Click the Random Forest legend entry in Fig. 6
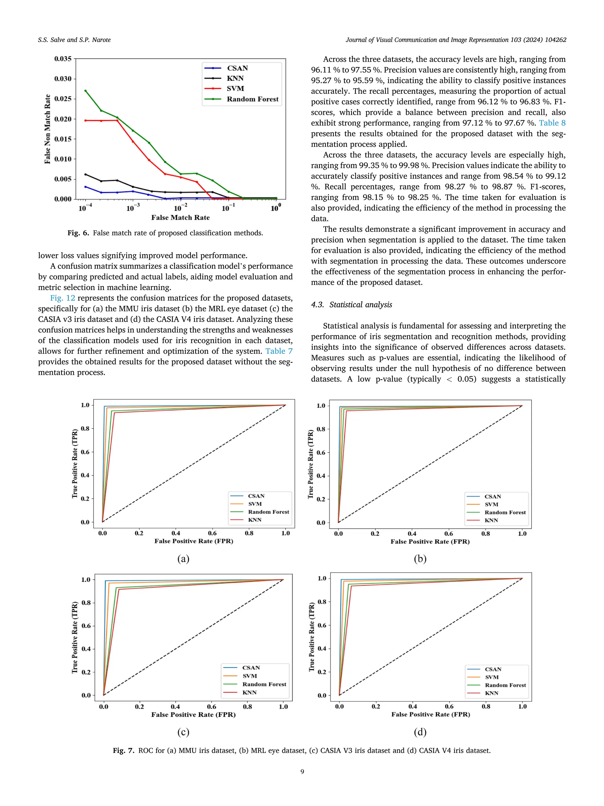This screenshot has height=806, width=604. [252, 99]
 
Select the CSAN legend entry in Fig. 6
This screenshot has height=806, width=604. [237, 68]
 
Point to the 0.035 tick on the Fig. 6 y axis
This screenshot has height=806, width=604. [63, 59]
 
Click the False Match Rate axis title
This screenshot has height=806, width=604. [180, 218]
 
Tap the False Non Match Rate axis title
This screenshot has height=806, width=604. [47, 129]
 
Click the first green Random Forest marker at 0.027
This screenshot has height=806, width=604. [86, 91]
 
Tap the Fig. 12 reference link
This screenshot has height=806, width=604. [63, 298]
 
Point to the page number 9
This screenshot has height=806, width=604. [302, 771]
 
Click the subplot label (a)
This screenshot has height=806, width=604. [183, 559]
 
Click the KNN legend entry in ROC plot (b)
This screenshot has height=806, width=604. [491, 520]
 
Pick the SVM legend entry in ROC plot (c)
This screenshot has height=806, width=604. [250, 676]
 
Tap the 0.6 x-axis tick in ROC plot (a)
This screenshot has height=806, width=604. [212, 533]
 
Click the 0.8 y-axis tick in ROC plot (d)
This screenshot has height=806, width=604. [322, 601]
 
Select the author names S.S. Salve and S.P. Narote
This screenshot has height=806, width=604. [74, 40]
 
